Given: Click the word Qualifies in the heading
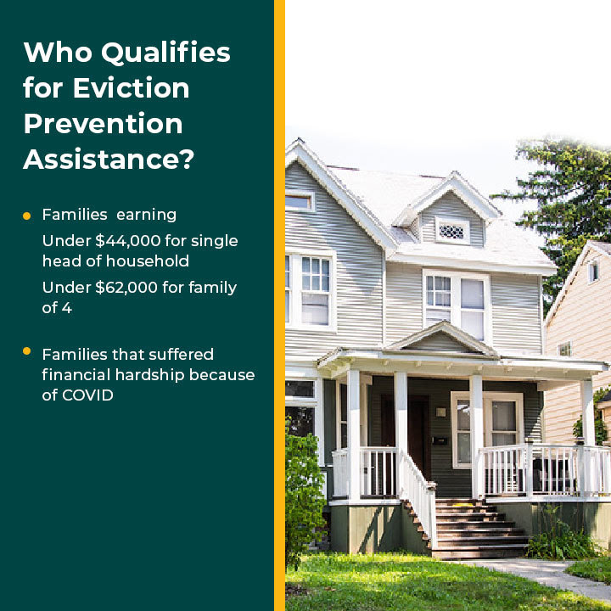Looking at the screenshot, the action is click(166, 53).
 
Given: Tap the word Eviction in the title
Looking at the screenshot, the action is click(131, 87).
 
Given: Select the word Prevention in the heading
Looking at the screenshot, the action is click(103, 124).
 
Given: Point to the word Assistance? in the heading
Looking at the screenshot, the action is click(109, 159).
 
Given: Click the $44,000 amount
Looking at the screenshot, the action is click(128, 241).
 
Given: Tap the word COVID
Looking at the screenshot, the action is click(87, 395).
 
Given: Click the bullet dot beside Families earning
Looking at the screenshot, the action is click(26, 216).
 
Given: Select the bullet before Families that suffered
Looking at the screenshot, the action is click(26, 350).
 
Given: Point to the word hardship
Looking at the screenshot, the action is click(149, 375).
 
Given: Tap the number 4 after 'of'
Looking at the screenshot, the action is click(67, 308).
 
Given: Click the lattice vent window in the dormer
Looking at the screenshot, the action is click(451, 232).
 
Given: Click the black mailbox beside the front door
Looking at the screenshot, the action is click(440, 440).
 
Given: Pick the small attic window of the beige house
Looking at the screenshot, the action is click(592, 272).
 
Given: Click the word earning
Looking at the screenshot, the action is click(147, 215).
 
